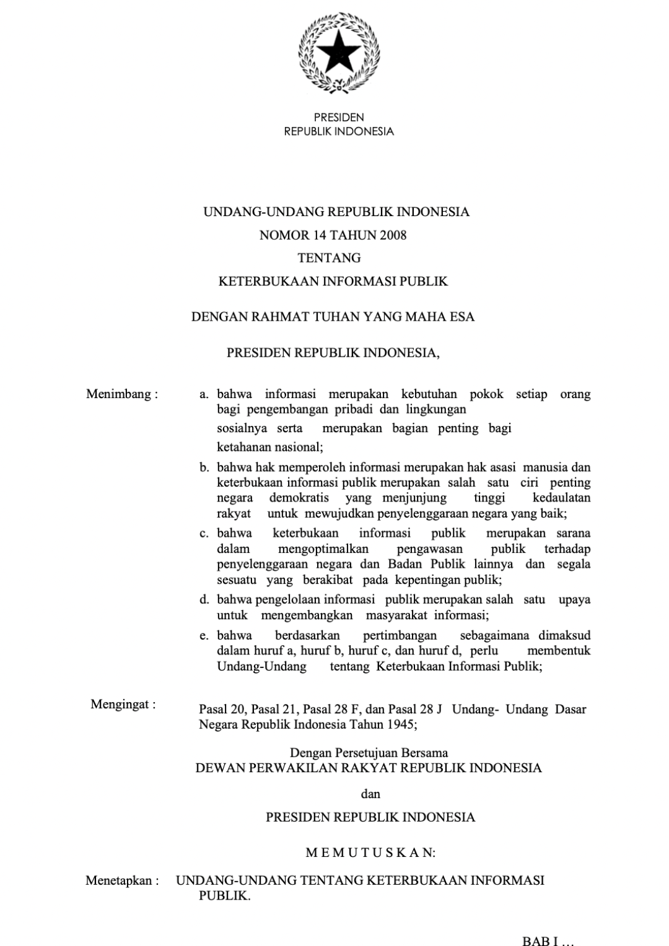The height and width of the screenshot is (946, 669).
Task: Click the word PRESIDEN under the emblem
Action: click(x=338, y=117)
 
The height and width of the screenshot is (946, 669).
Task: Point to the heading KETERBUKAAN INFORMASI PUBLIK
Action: click(x=333, y=281)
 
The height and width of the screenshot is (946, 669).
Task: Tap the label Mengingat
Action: click(x=123, y=704)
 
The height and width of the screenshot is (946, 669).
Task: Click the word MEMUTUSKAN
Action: click(x=370, y=853)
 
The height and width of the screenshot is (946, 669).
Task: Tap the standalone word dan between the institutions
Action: click(x=370, y=793)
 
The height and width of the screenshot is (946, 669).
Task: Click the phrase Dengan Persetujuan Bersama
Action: click(x=369, y=753)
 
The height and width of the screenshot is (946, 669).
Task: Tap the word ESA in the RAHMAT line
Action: click(x=462, y=317)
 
